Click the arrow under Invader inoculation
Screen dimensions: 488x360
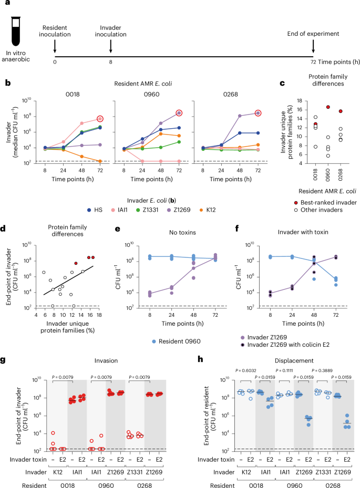click(x=111, y=45)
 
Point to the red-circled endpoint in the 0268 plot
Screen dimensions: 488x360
click(x=258, y=113)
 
